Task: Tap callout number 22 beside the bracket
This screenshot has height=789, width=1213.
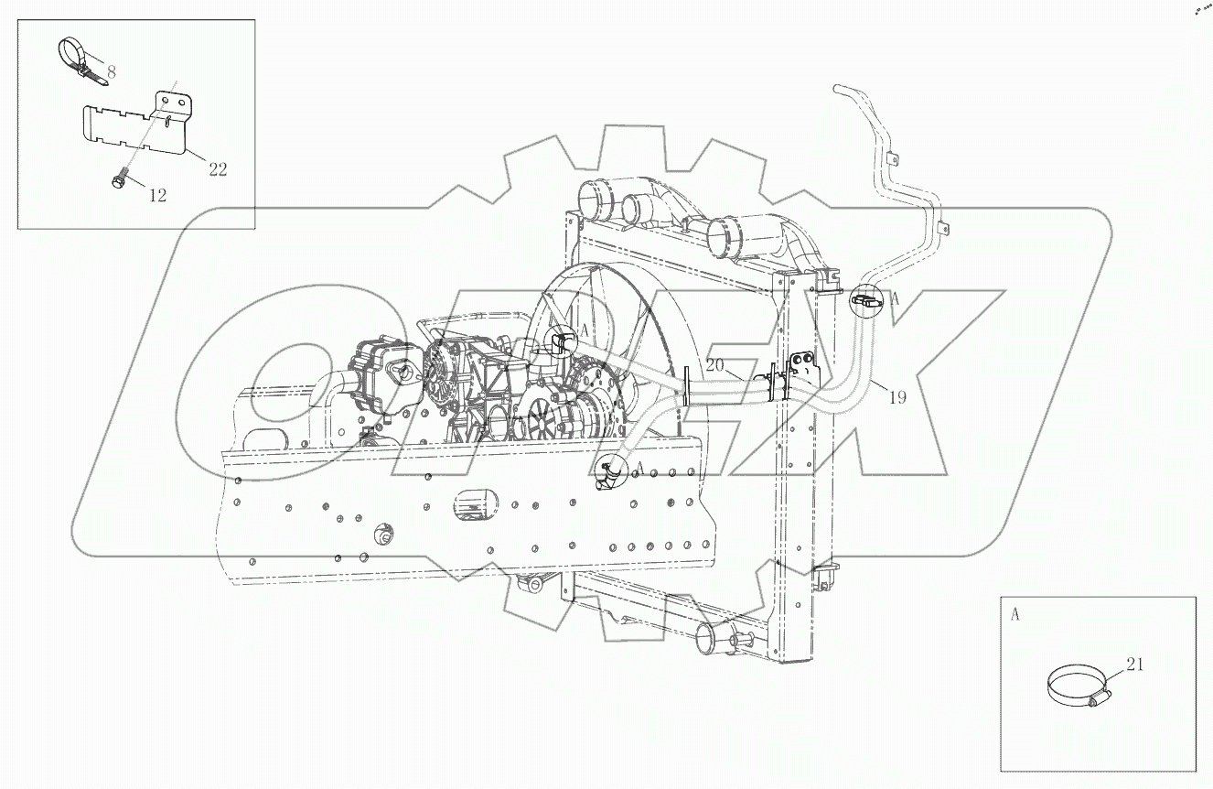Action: (217, 169)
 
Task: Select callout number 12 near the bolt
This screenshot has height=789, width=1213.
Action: (157, 196)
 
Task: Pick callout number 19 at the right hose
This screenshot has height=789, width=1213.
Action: (898, 398)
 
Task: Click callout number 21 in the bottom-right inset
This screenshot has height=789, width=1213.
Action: (1134, 665)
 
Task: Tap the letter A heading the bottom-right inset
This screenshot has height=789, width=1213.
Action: (1014, 615)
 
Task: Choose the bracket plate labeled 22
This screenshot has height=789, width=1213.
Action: (137, 128)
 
